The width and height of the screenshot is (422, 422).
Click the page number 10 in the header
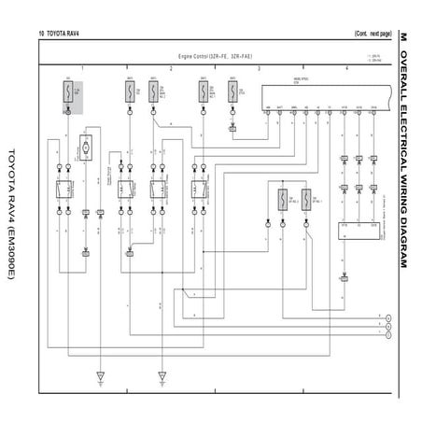tap(42, 33)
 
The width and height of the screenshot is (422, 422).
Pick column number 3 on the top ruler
tap(259, 68)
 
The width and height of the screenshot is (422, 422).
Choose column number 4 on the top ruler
tap(346, 68)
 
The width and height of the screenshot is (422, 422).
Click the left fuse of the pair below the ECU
tap(281, 200)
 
